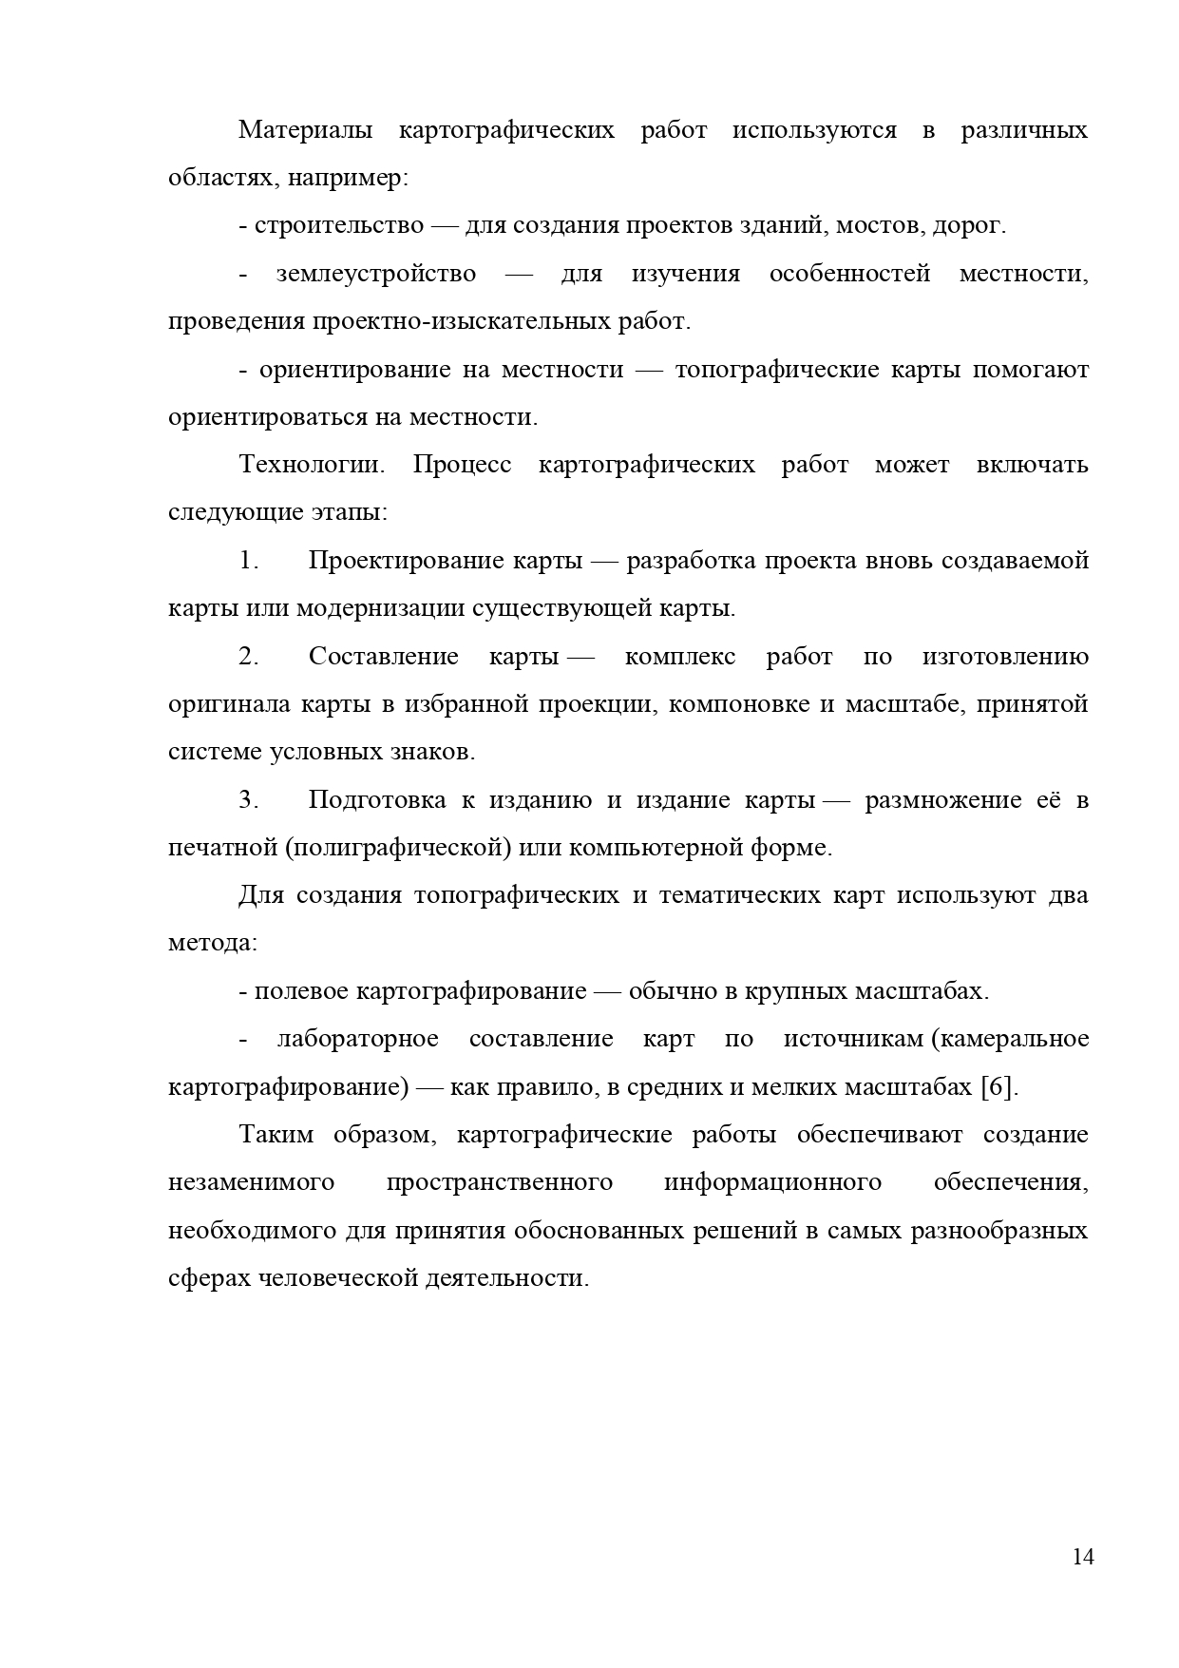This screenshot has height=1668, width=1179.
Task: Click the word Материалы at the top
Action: (305, 130)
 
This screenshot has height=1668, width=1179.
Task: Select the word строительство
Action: (339, 226)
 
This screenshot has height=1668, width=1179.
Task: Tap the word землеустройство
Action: (376, 274)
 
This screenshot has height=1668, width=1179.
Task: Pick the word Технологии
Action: (312, 465)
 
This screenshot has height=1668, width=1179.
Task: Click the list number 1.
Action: (249, 561)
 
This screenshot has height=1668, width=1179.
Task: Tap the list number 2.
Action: (249, 657)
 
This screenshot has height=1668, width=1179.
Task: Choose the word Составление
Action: (384, 657)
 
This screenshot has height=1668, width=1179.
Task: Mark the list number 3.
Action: (249, 800)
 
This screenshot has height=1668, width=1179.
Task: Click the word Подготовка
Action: (377, 800)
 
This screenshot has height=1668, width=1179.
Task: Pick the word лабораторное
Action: (358, 1039)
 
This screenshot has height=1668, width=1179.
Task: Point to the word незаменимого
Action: (252, 1182)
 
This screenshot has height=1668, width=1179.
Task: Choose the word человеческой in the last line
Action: (332, 1278)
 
